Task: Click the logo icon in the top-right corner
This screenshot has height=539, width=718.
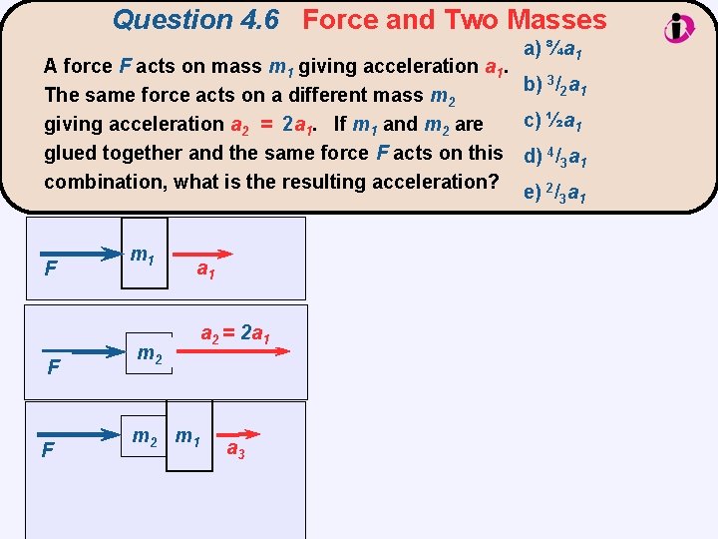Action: (680, 27)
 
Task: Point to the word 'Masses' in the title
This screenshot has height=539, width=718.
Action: (555, 19)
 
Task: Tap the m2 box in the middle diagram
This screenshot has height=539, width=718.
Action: (151, 352)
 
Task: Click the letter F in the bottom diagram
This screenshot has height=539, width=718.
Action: (48, 451)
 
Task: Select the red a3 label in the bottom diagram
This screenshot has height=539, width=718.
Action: (236, 450)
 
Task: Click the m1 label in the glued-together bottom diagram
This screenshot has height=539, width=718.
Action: (187, 436)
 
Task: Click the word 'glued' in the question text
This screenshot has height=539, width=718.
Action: (68, 153)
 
